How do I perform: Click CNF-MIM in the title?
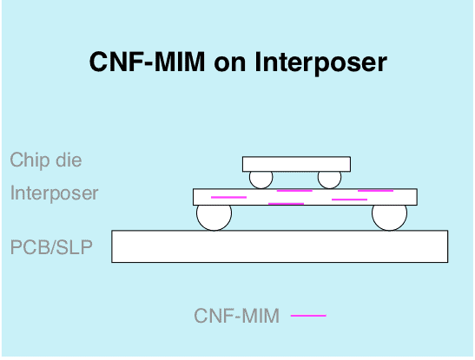[x=148, y=62]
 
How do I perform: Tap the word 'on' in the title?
[x=230, y=64]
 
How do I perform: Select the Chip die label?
[x=46, y=160]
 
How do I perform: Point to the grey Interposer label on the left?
[x=54, y=193]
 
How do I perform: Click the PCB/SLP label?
[x=51, y=247]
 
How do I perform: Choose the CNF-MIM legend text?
[x=236, y=316]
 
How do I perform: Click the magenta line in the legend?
[x=308, y=316]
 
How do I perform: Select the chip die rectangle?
[x=297, y=164]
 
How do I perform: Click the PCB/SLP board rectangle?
[x=280, y=246]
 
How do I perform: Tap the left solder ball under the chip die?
[x=261, y=180]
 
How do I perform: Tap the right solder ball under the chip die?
[x=330, y=180]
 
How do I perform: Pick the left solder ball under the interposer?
[x=214, y=218]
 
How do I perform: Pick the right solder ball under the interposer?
[x=390, y=218]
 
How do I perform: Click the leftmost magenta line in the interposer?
[x=228, y=197]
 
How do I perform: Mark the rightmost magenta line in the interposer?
[x=376, y=191]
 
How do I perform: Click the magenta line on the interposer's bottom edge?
[x=286, y=204]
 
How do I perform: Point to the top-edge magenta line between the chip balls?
[x=294, y=191]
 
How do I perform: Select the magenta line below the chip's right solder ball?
[x=350, y=200]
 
